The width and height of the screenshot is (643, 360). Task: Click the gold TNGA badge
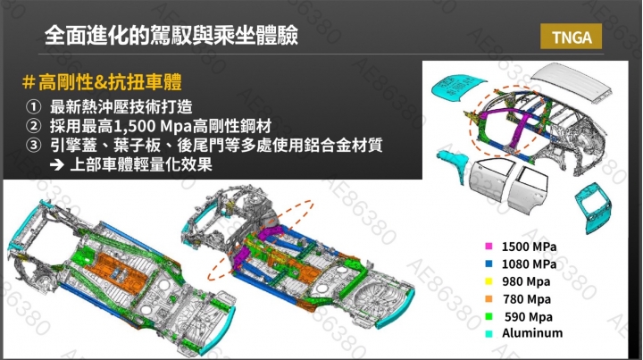571,37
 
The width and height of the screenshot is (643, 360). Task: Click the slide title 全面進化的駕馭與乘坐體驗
171,35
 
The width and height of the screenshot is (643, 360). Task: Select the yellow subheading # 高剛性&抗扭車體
102,81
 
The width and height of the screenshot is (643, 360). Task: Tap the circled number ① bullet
33,107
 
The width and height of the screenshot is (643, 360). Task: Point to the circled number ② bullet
33,126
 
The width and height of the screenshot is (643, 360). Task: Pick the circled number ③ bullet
33,145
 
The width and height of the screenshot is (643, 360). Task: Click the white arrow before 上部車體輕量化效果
56,165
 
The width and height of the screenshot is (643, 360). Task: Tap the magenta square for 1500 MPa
489,246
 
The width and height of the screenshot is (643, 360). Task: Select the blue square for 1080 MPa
489,264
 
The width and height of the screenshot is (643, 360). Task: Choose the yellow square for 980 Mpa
489,281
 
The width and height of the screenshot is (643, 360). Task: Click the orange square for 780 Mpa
489,299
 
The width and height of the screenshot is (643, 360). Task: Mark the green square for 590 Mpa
489,316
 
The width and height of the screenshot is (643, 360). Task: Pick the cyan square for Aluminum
489,334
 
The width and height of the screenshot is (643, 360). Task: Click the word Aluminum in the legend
532,333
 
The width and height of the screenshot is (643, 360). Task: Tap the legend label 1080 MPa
529,264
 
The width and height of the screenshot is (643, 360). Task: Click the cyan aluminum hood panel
457,87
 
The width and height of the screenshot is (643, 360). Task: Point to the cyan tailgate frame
593,208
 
